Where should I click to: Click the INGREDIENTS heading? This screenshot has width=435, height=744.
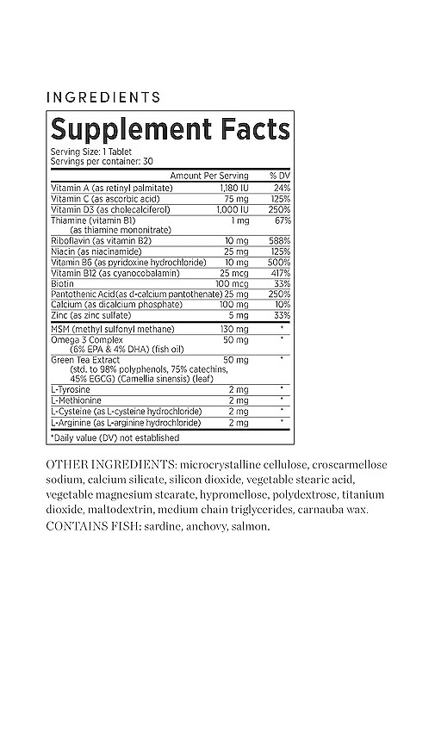(103, 97)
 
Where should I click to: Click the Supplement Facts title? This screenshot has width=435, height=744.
(170, 129)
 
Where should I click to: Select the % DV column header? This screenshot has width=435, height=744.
(278, 175)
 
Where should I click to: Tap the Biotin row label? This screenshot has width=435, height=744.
(61, 282)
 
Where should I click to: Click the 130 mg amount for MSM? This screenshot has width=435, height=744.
(235, 330)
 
